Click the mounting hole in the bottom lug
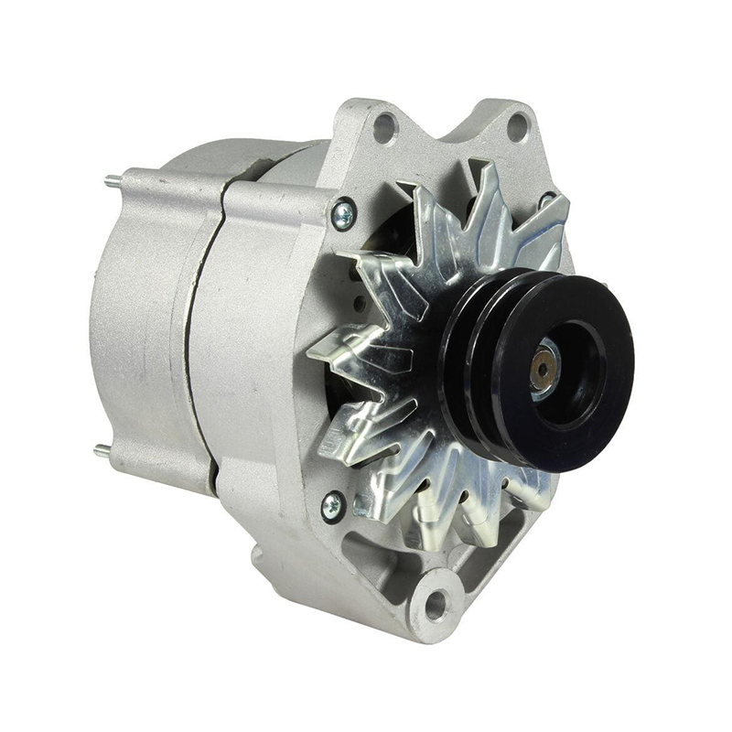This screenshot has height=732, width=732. click(x=436, y=603)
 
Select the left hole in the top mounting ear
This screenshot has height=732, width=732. click(x=384, y=126)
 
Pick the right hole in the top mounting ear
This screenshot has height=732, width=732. click(x=518, y=126)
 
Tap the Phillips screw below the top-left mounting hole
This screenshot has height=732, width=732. click(x=344, y=215)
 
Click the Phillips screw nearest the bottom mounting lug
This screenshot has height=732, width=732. click(x=333, y=504)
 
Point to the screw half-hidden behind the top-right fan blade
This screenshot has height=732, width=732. click(x=546, y=199)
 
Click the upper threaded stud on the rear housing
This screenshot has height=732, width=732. click(x=111, y=179)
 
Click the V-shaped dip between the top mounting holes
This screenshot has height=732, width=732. click(x=451, y=137)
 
